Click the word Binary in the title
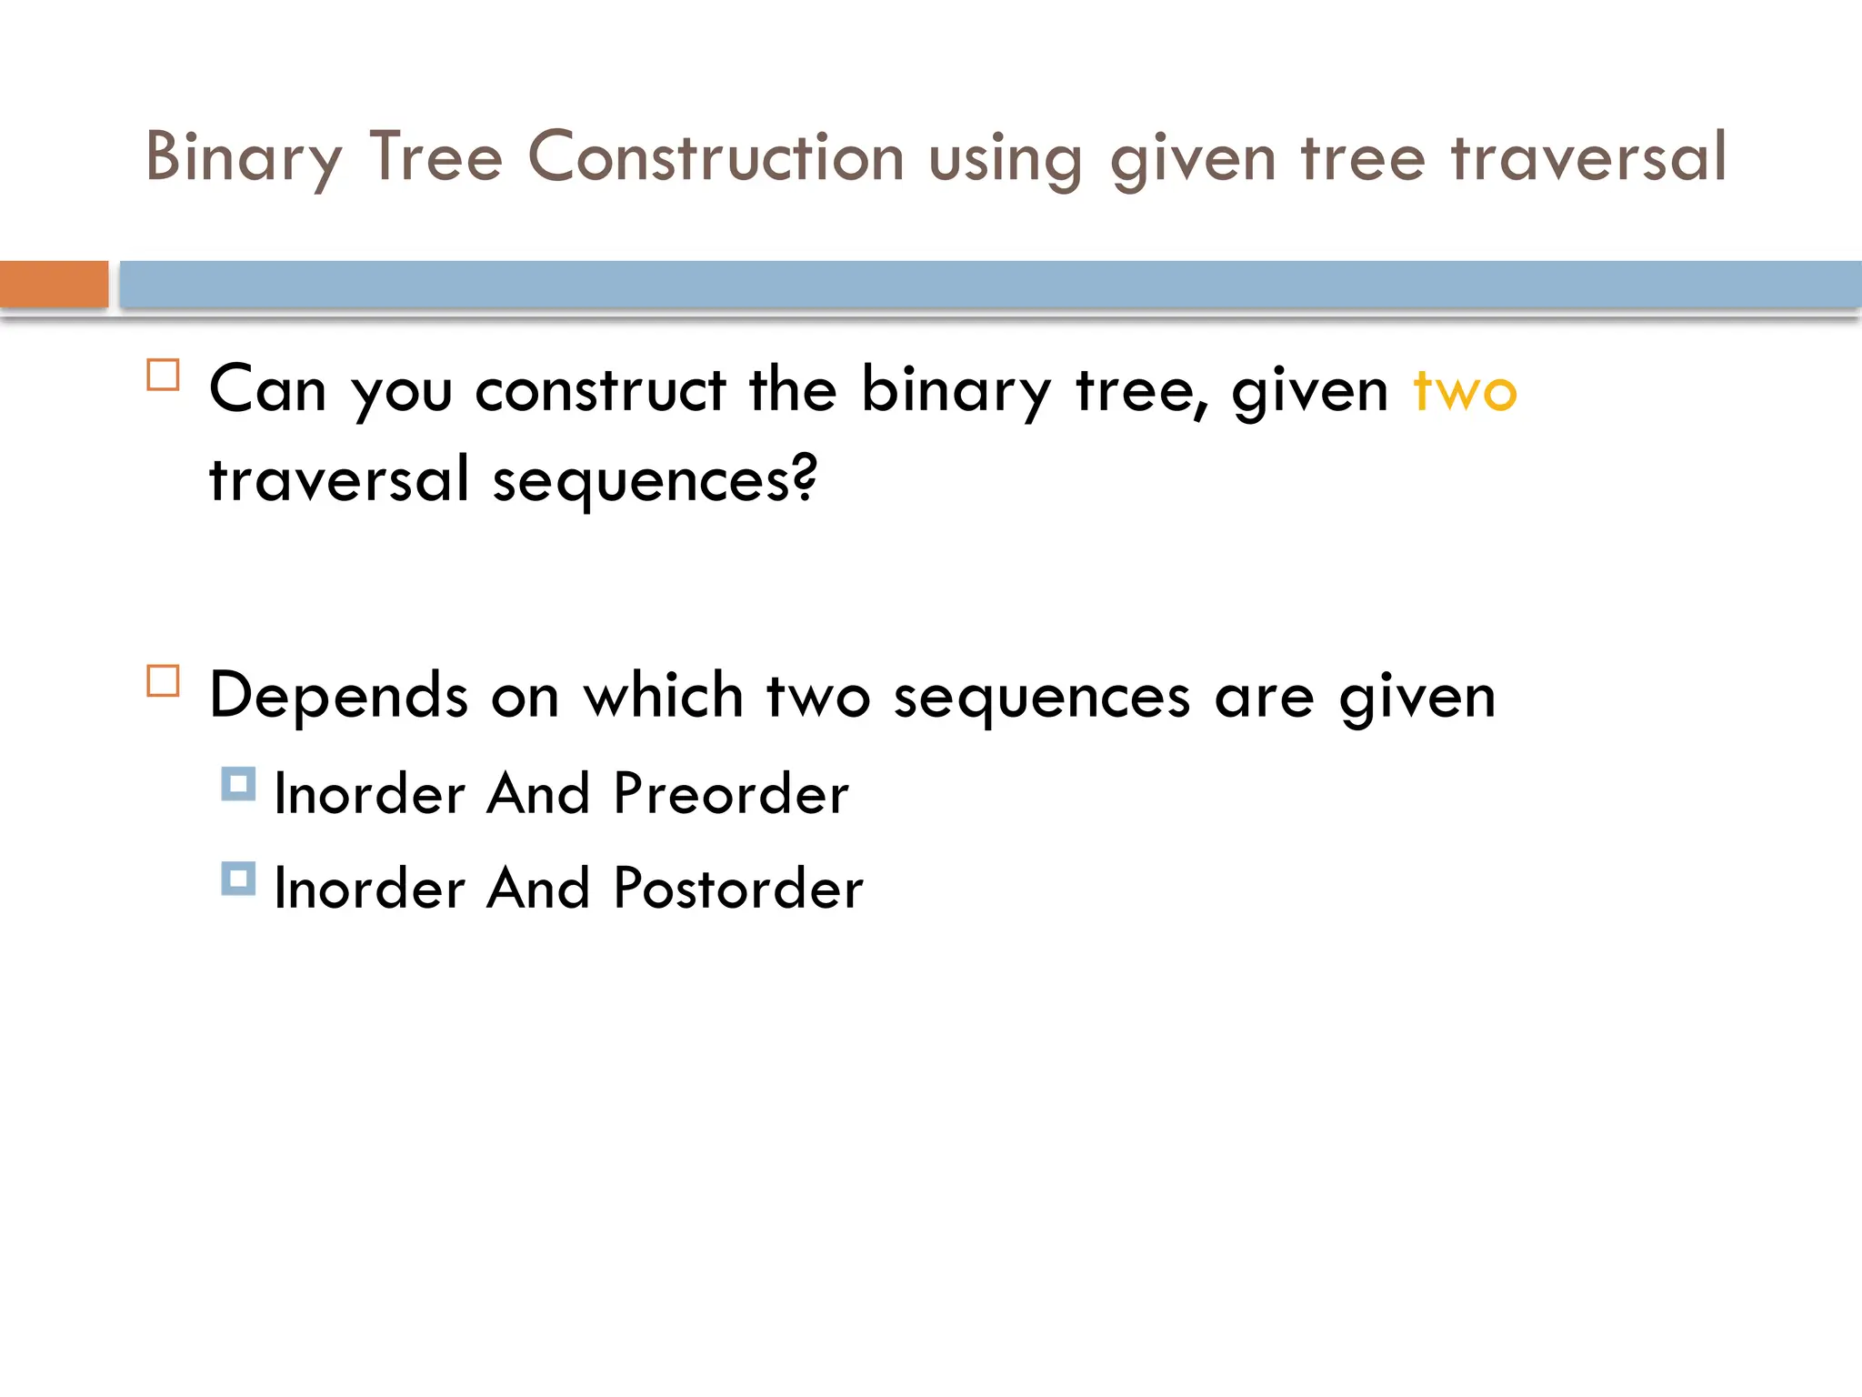tap(244, 157)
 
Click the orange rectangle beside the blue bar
tap(54, 284)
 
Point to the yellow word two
tap(1465, 391)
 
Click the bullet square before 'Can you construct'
tap(164, 375)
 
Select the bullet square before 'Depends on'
tap(164, 680)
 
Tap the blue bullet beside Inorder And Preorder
tap(238, 784)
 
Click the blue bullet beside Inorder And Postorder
tap(238, 879)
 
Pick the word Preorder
tap(731, 793)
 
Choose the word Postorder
tap(737, 888)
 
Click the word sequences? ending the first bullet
tap(655, 479)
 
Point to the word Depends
tap(338, 696)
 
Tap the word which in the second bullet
tap(663, 696)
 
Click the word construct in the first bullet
tap(600, 390)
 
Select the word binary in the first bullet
tap(956, 390)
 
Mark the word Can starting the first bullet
tap(267, 390)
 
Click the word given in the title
tap(1193, 158)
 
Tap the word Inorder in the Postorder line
tap(369, 888)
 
